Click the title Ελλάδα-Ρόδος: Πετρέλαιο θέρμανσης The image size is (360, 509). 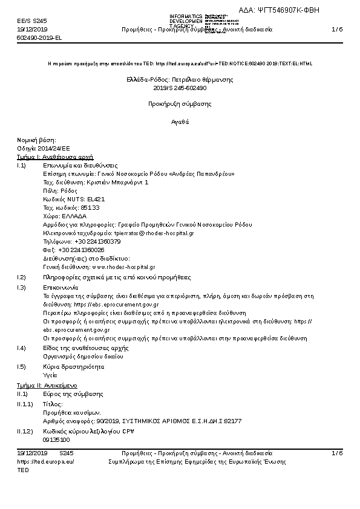(180, 79)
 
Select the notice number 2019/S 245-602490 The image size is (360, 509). (180, 88)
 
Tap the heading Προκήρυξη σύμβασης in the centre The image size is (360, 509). (180, 104)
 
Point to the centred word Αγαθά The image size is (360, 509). (180, 122)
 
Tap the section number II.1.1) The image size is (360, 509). (25, 403)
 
